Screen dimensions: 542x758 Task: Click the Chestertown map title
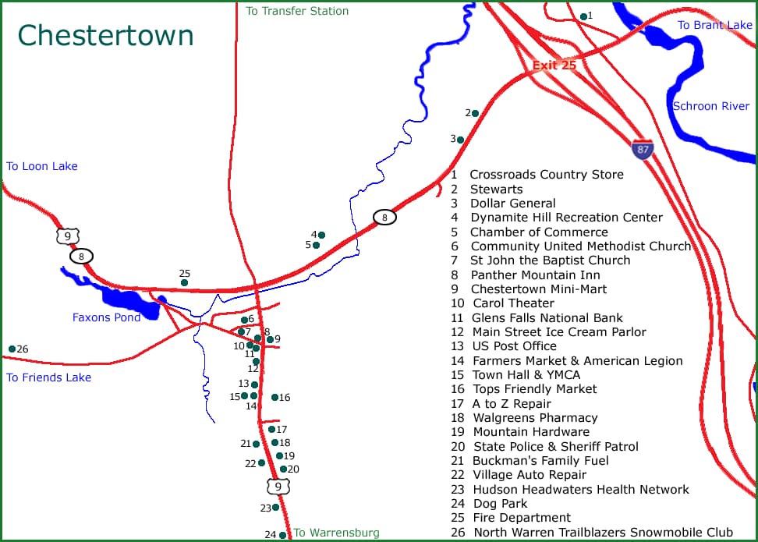coord(105,36)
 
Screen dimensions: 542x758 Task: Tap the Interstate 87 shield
coord(643,150)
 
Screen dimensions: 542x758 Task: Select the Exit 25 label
coord(554,66)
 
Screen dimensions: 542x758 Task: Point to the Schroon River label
coord(710,106)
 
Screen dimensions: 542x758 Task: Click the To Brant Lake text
coord(714,26)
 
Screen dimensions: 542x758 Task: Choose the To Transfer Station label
coord(297,11)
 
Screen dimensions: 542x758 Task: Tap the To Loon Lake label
coord(42,166)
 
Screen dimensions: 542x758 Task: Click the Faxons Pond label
coord(106,317)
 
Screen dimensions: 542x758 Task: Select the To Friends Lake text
coord(48,377)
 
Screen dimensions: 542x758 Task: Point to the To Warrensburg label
coord(336,533)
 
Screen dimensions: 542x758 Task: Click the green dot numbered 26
coord(12,349)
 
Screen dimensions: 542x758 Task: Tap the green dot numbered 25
coord(184,282)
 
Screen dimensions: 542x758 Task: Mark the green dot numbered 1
coord(583,16)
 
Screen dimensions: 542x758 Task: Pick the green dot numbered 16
coord(275,398)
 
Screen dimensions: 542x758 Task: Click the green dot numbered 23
coord(275,507)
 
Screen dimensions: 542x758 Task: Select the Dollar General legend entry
coord(512,204)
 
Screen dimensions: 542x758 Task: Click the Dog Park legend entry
coord(500,504)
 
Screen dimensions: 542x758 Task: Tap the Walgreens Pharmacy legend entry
coord(535,418)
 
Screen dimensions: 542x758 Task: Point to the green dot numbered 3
coord(460,140)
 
